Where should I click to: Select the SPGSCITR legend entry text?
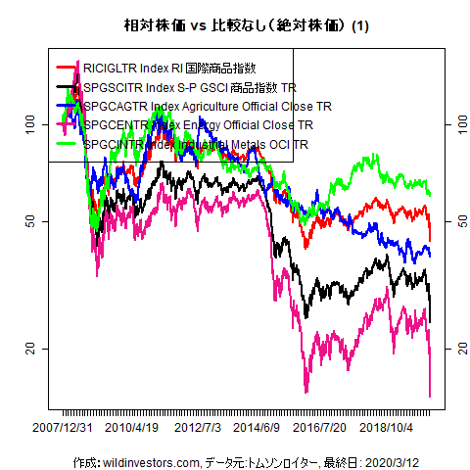click(x=190, y=88)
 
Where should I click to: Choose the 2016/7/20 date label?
click(x=320, y=428)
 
